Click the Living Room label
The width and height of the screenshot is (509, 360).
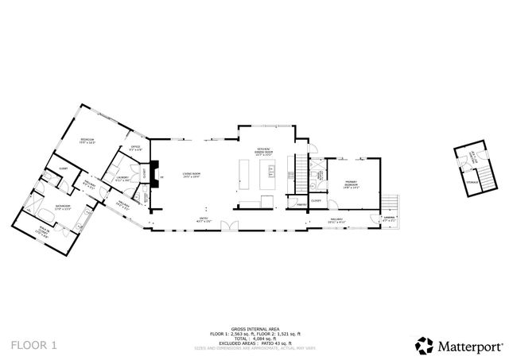(191, 174)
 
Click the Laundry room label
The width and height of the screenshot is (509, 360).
(122, 180)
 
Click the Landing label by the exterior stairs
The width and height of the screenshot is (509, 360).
(390, 217)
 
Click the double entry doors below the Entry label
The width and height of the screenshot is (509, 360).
(231, 226)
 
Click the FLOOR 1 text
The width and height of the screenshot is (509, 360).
(34, 345)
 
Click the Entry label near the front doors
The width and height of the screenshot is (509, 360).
(204, 218)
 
